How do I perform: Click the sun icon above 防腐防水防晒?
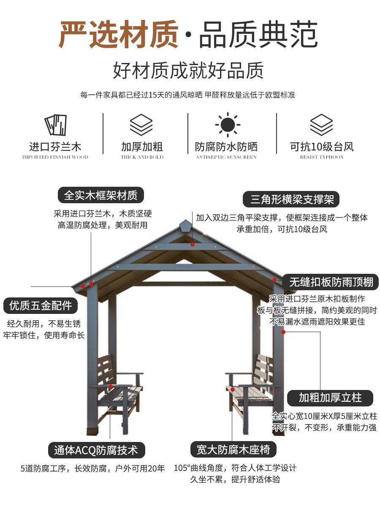pyautogui.click(x=228, y=125)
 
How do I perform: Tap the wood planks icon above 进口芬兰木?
pyautogui.click(x=55, y=125)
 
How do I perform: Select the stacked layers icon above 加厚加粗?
pyautogui.click(x=141, y=125)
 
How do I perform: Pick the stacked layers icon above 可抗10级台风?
pyautogui.click(x=321, y=125)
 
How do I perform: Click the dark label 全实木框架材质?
pyautogui.click(x=101, y=195)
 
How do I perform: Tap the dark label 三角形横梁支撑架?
pyautogui.click(x=291, y=199)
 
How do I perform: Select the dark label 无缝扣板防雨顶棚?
pyautogui.click(x=330, y=282)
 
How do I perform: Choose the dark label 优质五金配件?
pyautogui.click(x=41, y=305)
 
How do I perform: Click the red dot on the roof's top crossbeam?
pyautogui.click(x=193, y=245)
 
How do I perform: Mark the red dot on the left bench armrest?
pyautogui.click(x=111, y=387)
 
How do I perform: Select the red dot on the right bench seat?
pyautogui.click(x=233, y=390)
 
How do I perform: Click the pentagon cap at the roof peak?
pyautogui.click(x=186, y=226)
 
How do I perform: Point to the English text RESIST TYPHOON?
pyautogui.click(x=322, y=157)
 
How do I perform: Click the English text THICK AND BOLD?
pyautogui.click(x=142, y=157)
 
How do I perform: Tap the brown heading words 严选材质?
pyautogui.click(x=119, y=34)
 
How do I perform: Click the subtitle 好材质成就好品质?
pyautogui.click(x=188, y=70)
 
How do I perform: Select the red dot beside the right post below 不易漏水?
pyautogui.click(x=283, y=332)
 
